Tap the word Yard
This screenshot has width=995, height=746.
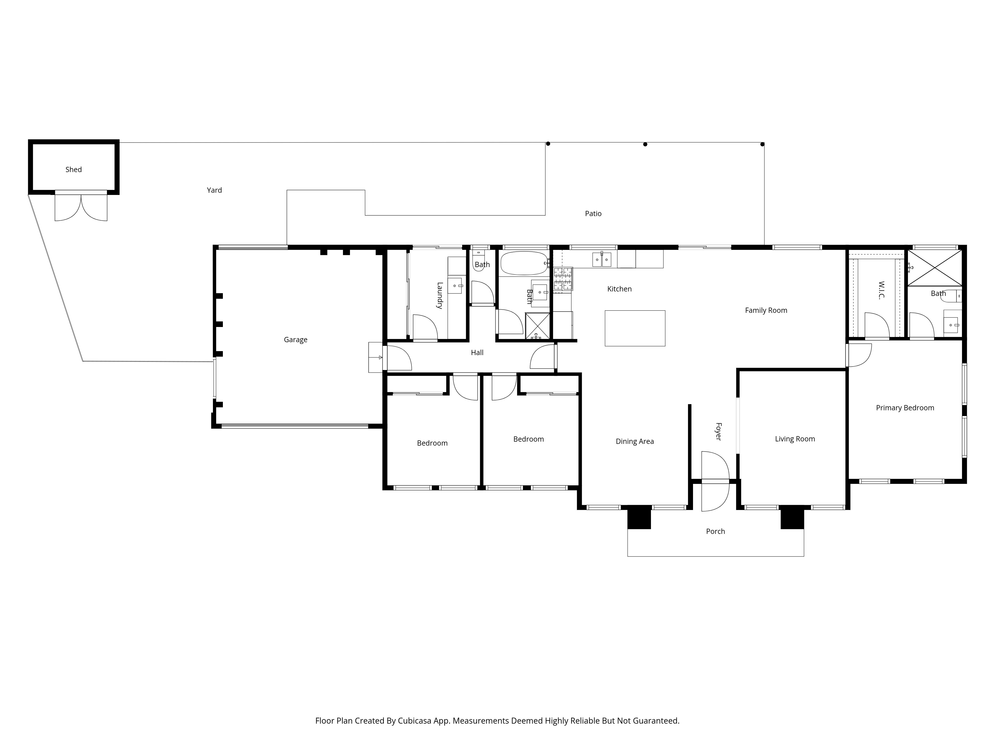(x=214, y=190)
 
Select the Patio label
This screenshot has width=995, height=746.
(x=593, y=214)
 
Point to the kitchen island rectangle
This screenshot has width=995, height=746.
(x=635, y=328)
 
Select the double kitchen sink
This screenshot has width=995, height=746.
(x=601, y=259)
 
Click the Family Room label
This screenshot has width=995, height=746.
(x=766, y=310)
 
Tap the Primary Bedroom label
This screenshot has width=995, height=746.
(x=905, y=408)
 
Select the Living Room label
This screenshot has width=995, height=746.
(x=794, y=439)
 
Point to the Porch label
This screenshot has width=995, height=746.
(x=715, y=531)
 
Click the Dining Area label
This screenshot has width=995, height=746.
(x=634, y=442)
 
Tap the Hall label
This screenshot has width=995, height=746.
(x=477, y=353)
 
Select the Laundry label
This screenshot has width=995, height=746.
(x=440, y=295)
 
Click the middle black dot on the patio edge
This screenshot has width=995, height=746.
(x=645, y=144)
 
